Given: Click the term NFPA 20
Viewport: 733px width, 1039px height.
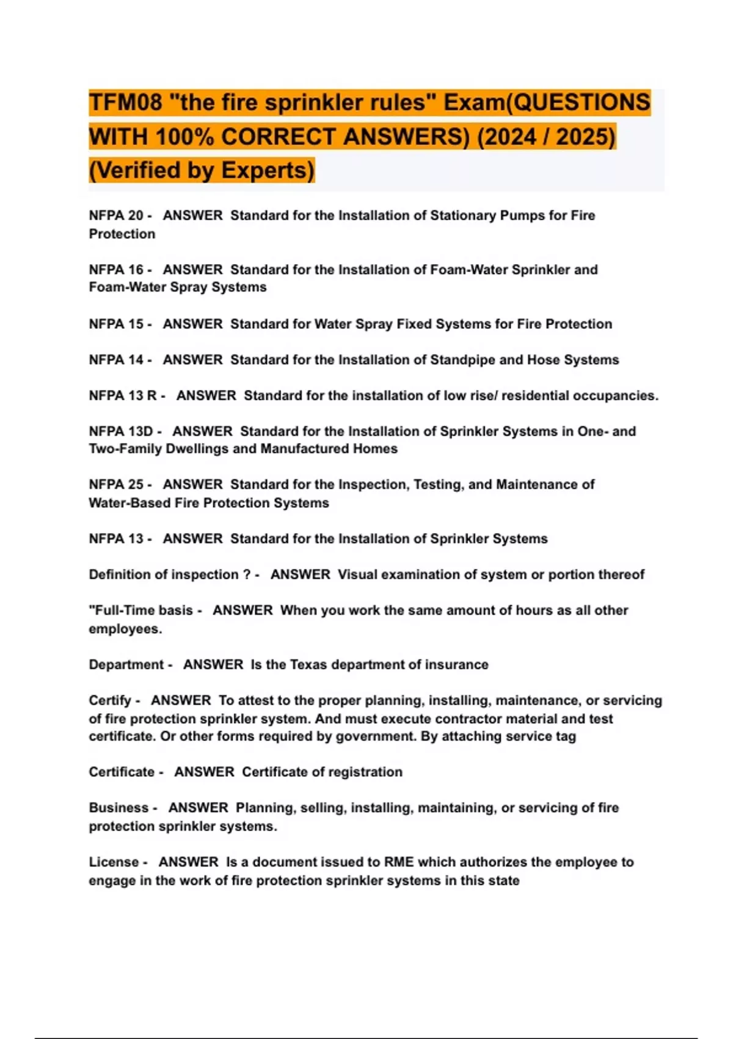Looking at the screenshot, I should point(116,216).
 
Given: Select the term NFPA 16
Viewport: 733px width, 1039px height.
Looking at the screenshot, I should point(116,270).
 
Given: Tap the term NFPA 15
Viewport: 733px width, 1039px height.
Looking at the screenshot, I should point(116,324).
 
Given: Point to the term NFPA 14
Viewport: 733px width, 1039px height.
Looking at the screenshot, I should point(116,360).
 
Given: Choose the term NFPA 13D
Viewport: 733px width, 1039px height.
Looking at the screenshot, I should point(121,431).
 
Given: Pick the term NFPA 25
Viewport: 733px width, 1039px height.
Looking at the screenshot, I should point(116,485).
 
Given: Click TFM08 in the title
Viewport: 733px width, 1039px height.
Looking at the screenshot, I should point(126,102).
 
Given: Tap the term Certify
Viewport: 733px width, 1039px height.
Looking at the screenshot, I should point(110,700).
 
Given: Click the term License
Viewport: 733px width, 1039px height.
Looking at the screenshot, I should point(114,862).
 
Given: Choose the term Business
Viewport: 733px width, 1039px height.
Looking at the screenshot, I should point(119,808).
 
